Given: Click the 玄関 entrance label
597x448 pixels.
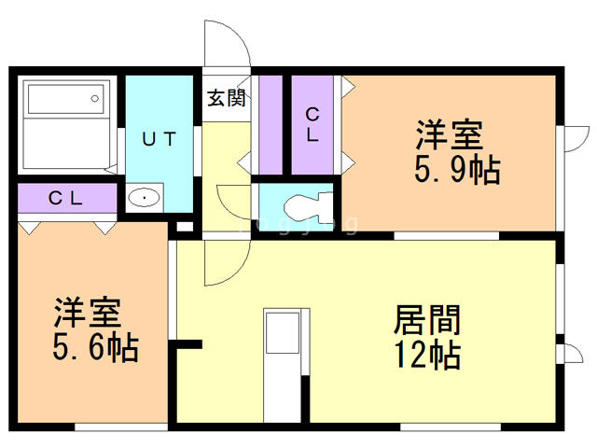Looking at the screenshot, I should (226, 98).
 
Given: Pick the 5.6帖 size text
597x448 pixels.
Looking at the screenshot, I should (93, 348).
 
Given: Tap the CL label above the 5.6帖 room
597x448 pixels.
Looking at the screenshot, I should (67, 198).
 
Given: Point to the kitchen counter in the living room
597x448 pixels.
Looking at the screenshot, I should (281, 364).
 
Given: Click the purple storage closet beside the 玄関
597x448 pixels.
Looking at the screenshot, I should (270, 122).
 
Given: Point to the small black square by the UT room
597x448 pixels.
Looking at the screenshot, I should (184, 226).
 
